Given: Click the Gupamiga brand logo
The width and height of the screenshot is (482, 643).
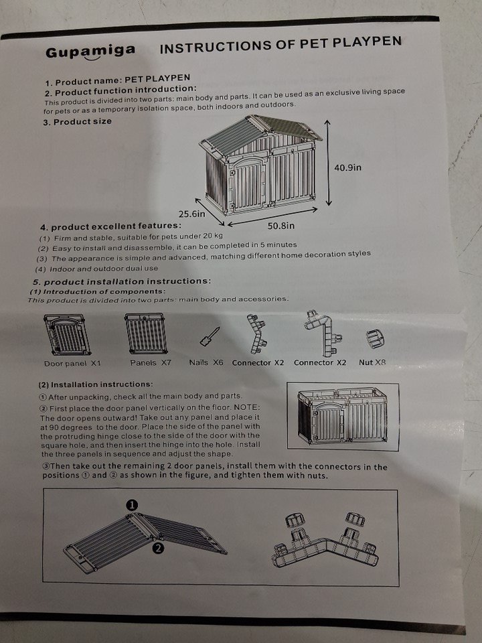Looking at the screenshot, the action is point(90,52).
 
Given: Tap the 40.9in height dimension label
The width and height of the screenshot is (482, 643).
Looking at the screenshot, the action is point(347,167).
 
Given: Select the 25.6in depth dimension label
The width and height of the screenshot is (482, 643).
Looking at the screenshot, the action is point(192,214).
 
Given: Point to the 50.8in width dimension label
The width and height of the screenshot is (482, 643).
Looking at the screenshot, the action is point(281,226).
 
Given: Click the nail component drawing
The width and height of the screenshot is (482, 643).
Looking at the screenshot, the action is point(210,337).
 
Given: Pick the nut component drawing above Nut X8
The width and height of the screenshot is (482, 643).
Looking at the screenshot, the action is point(375,339).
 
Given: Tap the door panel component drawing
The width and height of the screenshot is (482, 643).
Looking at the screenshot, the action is point(67,335).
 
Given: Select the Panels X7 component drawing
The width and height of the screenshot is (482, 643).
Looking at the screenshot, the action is point(147,334).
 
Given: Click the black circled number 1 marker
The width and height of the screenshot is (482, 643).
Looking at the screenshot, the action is point(132,505).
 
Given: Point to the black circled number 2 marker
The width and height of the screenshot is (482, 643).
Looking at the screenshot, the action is point(158,548).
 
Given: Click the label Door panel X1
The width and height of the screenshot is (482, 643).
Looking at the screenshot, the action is point(72,363).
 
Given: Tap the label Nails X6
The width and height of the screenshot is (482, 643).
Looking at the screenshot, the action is point(206,362).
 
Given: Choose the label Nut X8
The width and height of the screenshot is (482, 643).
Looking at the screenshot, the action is point(372,362).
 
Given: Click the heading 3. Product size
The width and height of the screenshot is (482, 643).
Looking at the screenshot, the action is point(77,122).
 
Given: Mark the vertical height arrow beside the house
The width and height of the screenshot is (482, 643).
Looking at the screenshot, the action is point(327,163).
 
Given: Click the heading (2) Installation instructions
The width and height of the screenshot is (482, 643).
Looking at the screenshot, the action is point(96,384).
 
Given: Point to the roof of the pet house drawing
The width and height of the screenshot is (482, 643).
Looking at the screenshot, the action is point(260,132).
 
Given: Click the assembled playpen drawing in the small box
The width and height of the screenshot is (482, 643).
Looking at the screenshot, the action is point(342,416).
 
